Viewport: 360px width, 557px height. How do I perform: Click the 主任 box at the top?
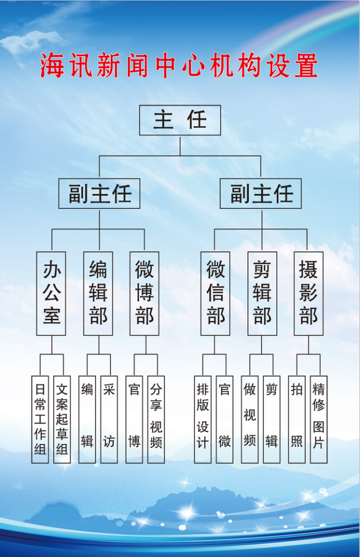coord(180,120)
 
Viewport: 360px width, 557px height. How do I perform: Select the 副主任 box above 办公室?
coord(99,194)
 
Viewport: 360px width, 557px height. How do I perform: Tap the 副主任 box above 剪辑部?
coord(260,194)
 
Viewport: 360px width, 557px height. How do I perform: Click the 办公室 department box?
coord(51,293)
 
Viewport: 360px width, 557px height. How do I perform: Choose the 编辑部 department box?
coord(98,293)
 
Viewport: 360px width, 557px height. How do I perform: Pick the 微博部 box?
coord(144,293)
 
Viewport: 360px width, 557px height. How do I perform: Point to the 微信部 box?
coord(215,293)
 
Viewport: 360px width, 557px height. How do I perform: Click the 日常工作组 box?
coord(40,419)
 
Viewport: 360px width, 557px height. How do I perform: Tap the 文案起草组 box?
coord(62,419)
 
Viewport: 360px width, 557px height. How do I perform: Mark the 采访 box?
coord(109,419)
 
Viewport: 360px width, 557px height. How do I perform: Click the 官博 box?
coord(134,419)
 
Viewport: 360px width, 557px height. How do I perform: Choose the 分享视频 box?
coord(156,419)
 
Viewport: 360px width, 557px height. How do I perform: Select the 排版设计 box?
coord(203,419)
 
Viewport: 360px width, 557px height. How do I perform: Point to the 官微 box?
coord(225,419)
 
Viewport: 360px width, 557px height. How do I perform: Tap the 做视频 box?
coord(249,419)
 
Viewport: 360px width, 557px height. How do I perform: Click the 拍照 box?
coord(297,419)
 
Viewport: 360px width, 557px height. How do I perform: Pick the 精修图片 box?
coord(318,419)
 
